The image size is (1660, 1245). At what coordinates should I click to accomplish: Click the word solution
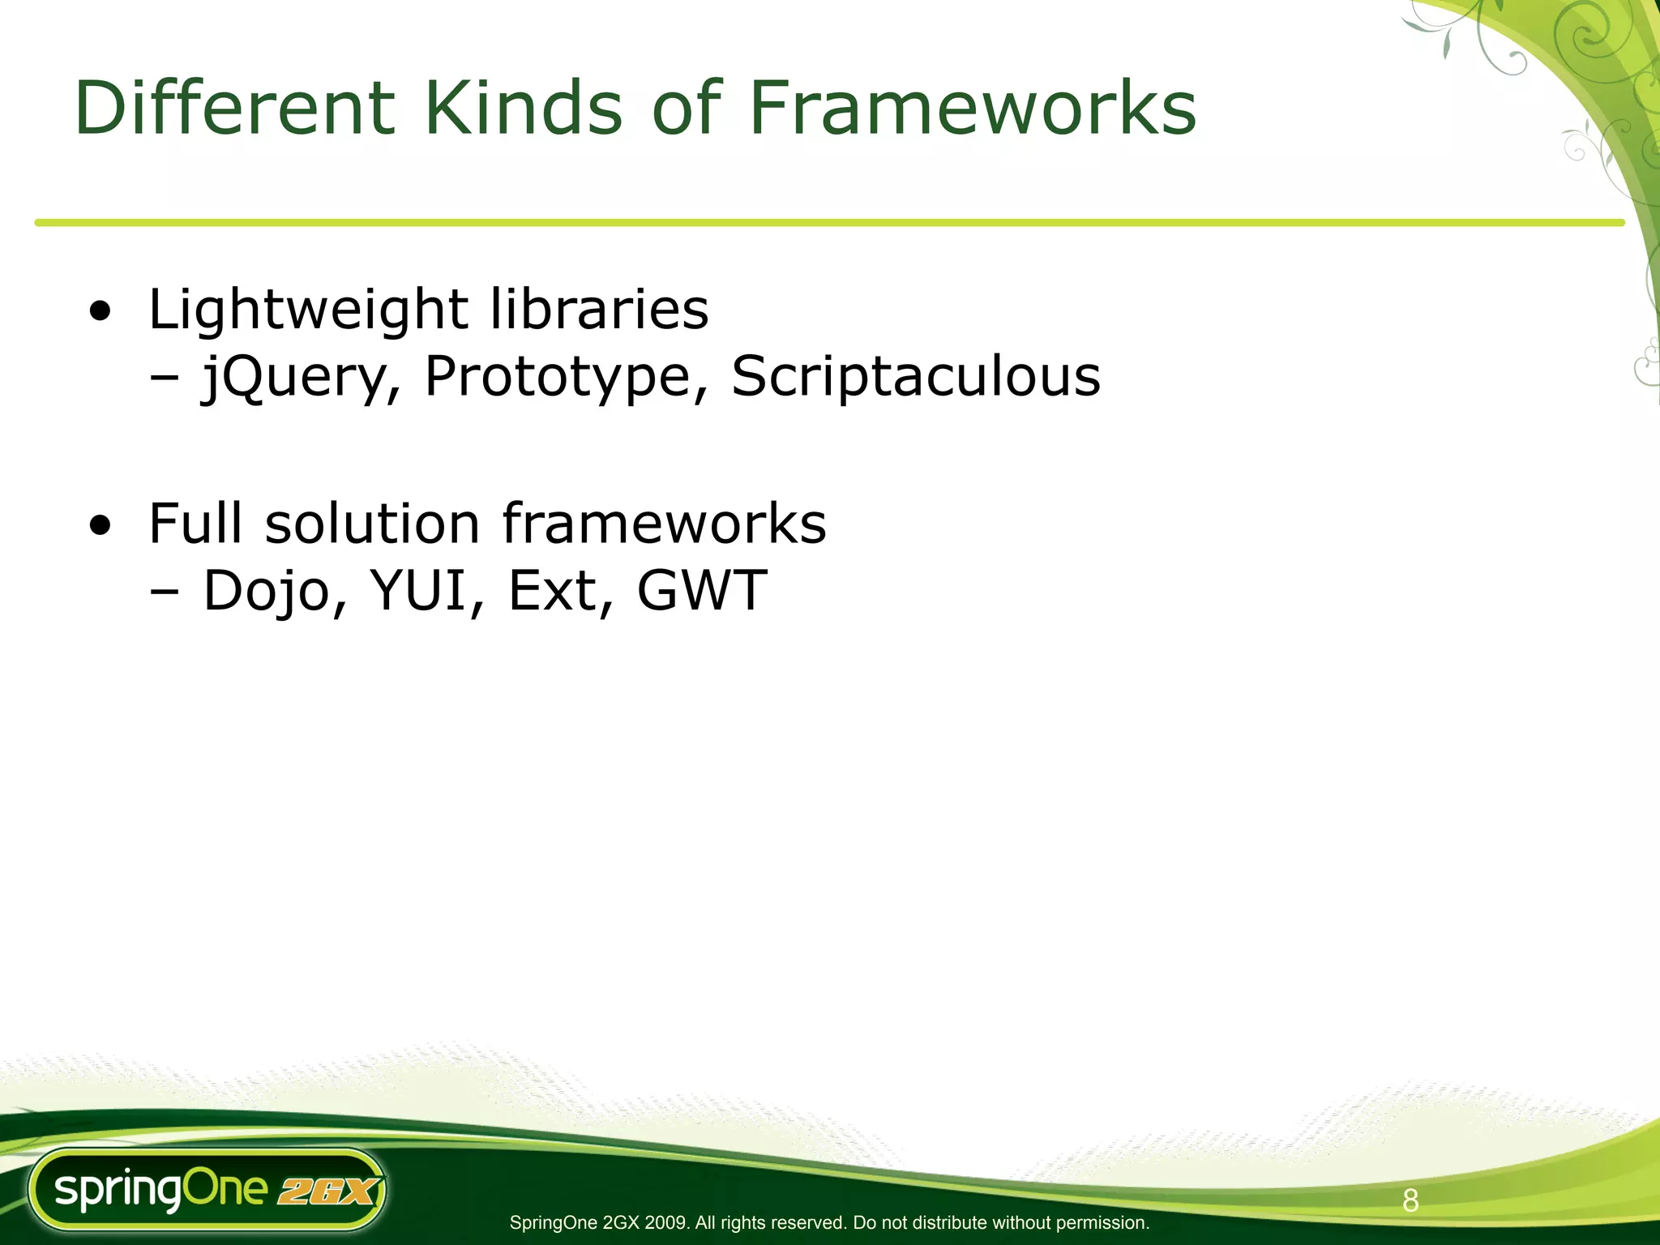click(373, 523)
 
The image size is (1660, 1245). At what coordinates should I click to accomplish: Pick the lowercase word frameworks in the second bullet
click(665, 523)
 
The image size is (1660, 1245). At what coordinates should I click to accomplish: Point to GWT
click(702, 590)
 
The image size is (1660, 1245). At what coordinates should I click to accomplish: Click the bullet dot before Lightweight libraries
click(101, 312)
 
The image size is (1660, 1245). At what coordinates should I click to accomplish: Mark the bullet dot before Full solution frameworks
click(101, 526)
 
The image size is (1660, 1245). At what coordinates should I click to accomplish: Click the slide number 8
click(1410, 1200)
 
